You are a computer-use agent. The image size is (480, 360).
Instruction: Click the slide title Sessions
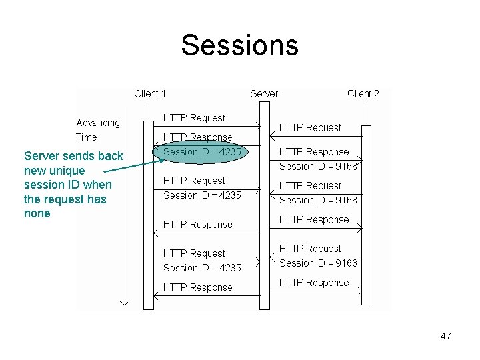(x=239, y=45)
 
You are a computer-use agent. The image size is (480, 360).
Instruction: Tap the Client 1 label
(x=150, y=94)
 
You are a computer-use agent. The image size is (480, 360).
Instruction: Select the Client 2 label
(x=363, y=94)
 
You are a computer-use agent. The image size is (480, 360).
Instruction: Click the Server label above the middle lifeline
(x=264, y=94)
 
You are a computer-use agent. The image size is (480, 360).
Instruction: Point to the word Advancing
(x=98, y=123)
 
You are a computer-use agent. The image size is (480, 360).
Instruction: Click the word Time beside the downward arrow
(x=87, y=137)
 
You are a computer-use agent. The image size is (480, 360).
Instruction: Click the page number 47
(x=445, y=336)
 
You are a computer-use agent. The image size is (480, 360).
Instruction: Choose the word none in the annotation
(x=37, y=213)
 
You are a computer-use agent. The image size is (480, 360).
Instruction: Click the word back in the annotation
(x=110, y=156)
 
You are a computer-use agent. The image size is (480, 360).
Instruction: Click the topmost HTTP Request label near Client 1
(x=194, y=118)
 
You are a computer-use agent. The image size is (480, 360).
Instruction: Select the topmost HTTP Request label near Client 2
(x=310, y=127)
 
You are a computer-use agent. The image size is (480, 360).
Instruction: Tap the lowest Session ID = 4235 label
(x=202, y=268)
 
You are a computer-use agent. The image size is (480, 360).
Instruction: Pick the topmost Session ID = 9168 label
(x=318, y=166)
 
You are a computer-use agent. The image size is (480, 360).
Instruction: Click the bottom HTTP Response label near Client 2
(x=313, y=283)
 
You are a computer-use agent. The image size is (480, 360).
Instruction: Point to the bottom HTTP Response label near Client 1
(x=197, y=287)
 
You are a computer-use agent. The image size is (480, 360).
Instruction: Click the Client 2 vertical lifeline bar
(x=366, y=213)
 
